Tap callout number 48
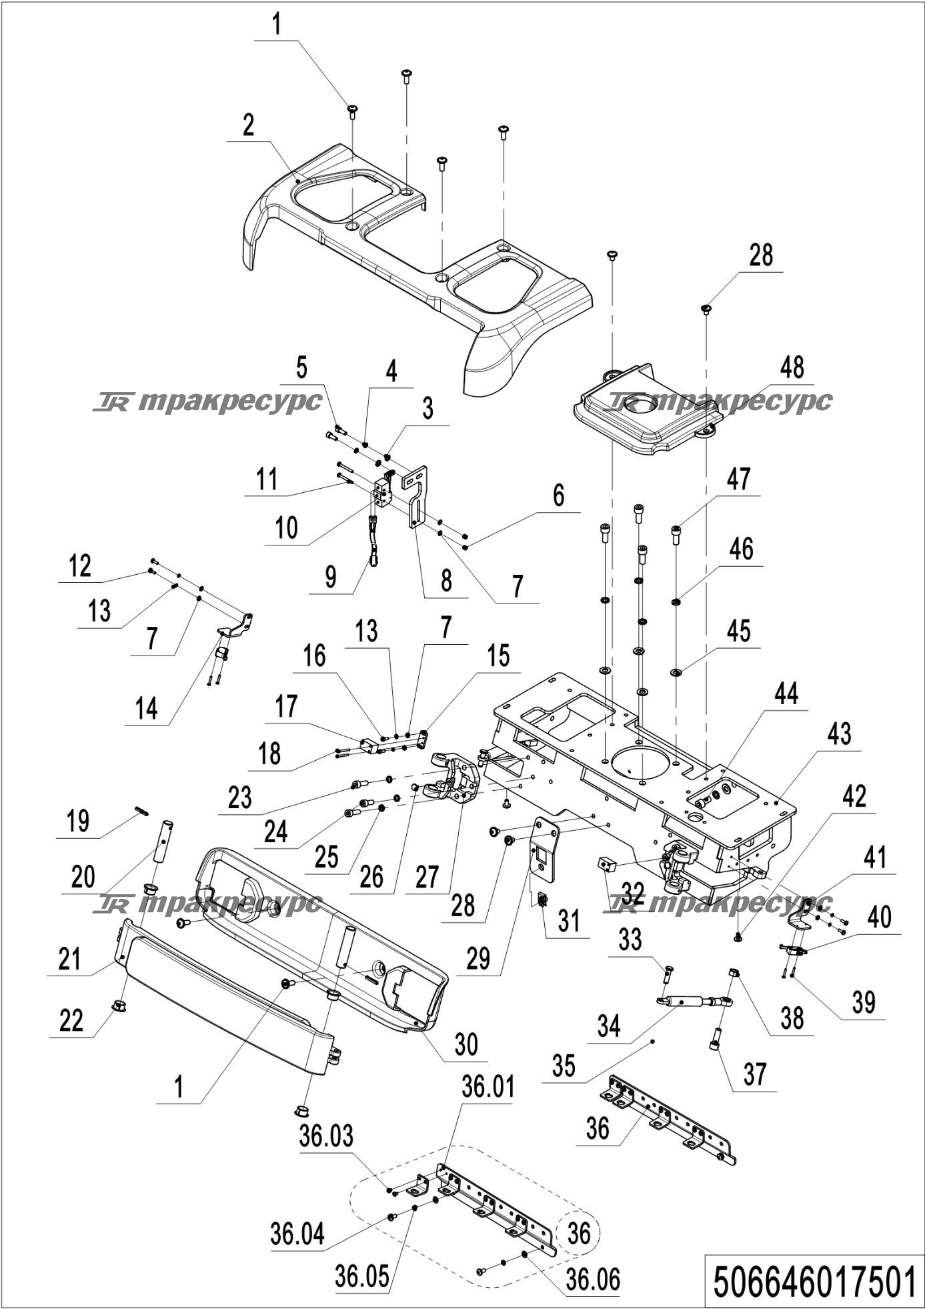792,368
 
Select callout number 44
786,694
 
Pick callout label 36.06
593,1280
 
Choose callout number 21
69,959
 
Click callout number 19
78,822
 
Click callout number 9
331,576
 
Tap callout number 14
146,708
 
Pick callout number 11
267,480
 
